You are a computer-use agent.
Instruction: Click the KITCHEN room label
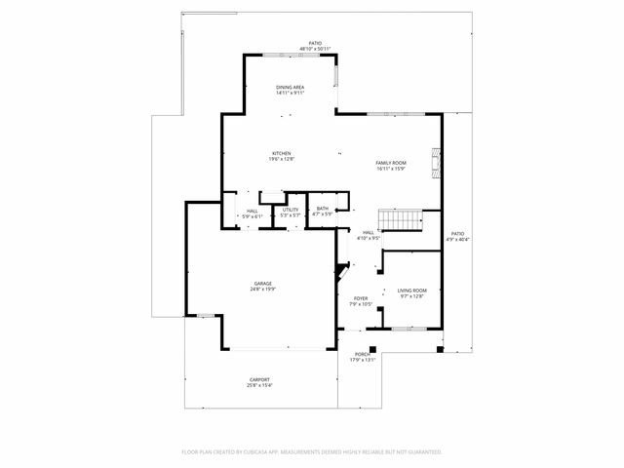point(282,153)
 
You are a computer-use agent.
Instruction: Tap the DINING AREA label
point(290,87)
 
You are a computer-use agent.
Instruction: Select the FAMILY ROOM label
point(390,163)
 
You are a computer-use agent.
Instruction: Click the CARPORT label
point(259,379)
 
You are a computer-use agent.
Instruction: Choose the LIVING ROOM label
point(411,291)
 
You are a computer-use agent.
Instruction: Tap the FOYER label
point(361,299)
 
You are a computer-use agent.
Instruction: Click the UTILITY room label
point(291,209)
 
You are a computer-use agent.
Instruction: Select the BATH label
point(322,208)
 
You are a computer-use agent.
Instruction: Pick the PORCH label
point(362,354)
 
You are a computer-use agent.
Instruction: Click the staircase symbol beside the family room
point(400,219)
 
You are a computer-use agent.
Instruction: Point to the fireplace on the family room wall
point(438,160)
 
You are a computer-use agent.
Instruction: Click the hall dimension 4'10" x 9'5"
point(368,238)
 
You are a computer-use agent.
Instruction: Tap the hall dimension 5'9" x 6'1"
point(252,216)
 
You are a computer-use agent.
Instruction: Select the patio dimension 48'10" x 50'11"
point(315,49)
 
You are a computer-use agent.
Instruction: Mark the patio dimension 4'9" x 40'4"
point(457,240)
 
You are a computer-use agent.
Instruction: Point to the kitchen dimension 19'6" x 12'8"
point(282,159)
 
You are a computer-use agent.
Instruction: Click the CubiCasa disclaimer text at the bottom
point(312,452)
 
